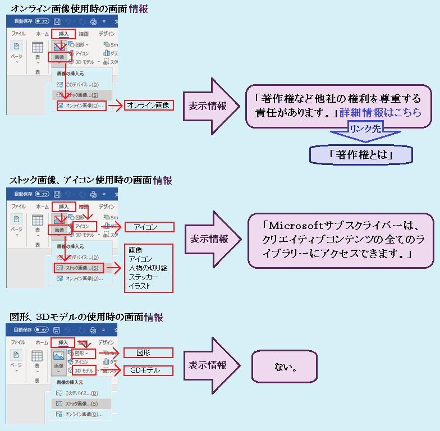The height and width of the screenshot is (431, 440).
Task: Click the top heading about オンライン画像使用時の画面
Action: point(79,8)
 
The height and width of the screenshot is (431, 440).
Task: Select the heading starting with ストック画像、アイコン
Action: point(90,181)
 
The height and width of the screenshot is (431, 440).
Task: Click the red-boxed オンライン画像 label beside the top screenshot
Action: point(149,105)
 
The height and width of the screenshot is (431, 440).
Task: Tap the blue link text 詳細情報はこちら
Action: point(381,112)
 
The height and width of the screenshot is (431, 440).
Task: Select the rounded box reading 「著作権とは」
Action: point(360,155)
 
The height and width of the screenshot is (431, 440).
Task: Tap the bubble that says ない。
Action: point(285,367)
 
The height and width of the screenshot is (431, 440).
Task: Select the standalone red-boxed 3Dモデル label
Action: point(145,370)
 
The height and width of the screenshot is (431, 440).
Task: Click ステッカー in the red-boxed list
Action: point(143,277)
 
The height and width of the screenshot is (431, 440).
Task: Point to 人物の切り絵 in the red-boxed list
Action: point(148,268)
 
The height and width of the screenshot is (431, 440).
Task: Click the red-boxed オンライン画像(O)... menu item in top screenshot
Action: point(81,105)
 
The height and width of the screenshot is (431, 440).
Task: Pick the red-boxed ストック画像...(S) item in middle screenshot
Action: point(79,268)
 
